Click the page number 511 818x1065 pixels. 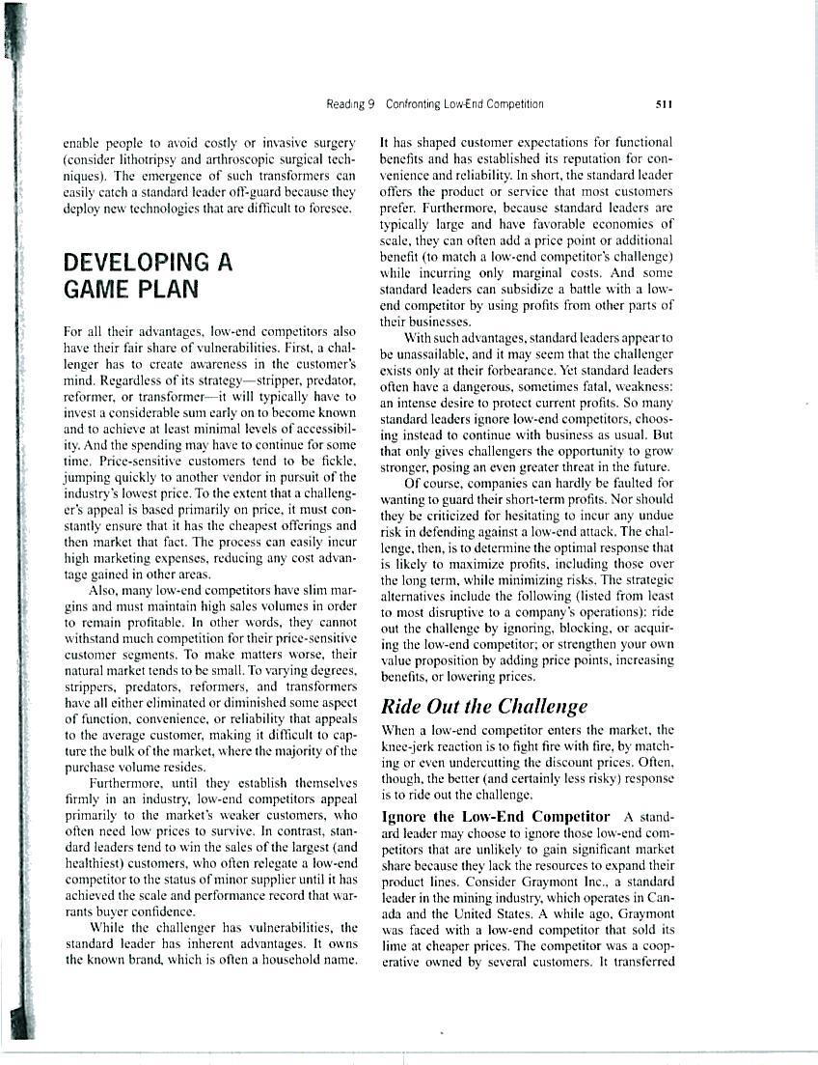tap(663, 104)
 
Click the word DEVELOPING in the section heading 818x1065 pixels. tap(136, 262)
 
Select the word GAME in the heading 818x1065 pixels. tap(99, 288)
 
